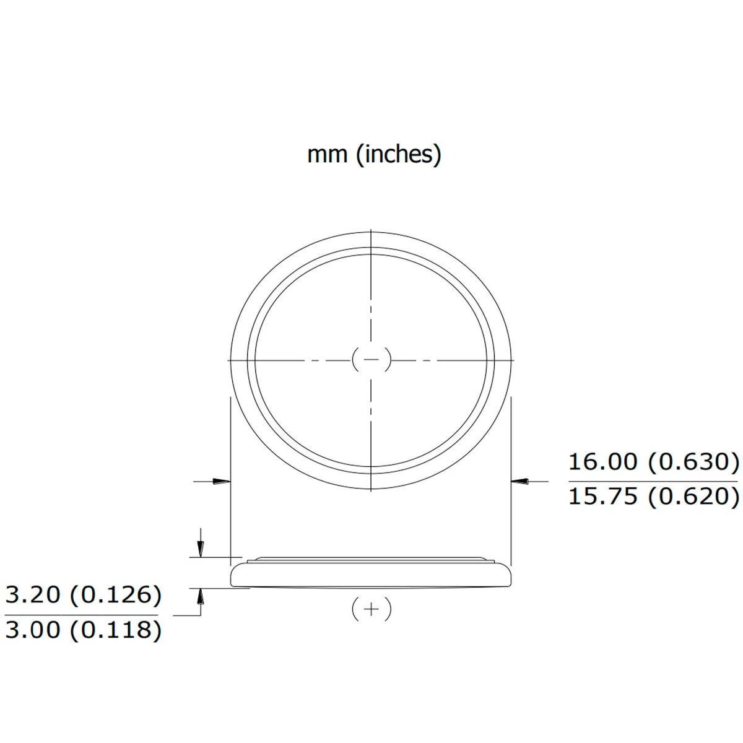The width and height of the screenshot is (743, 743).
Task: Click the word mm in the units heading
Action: point(327,155)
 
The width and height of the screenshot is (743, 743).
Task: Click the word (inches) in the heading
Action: point(398,155)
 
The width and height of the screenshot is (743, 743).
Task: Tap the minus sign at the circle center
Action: point(371,360)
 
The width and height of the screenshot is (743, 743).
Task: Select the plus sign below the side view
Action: point(371,609)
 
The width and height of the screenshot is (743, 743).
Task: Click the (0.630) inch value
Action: point(693,462)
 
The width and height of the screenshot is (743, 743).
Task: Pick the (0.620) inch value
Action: point(693,497)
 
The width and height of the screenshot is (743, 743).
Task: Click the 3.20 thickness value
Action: point(33,594)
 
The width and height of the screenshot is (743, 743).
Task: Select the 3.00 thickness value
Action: point(33,629)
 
